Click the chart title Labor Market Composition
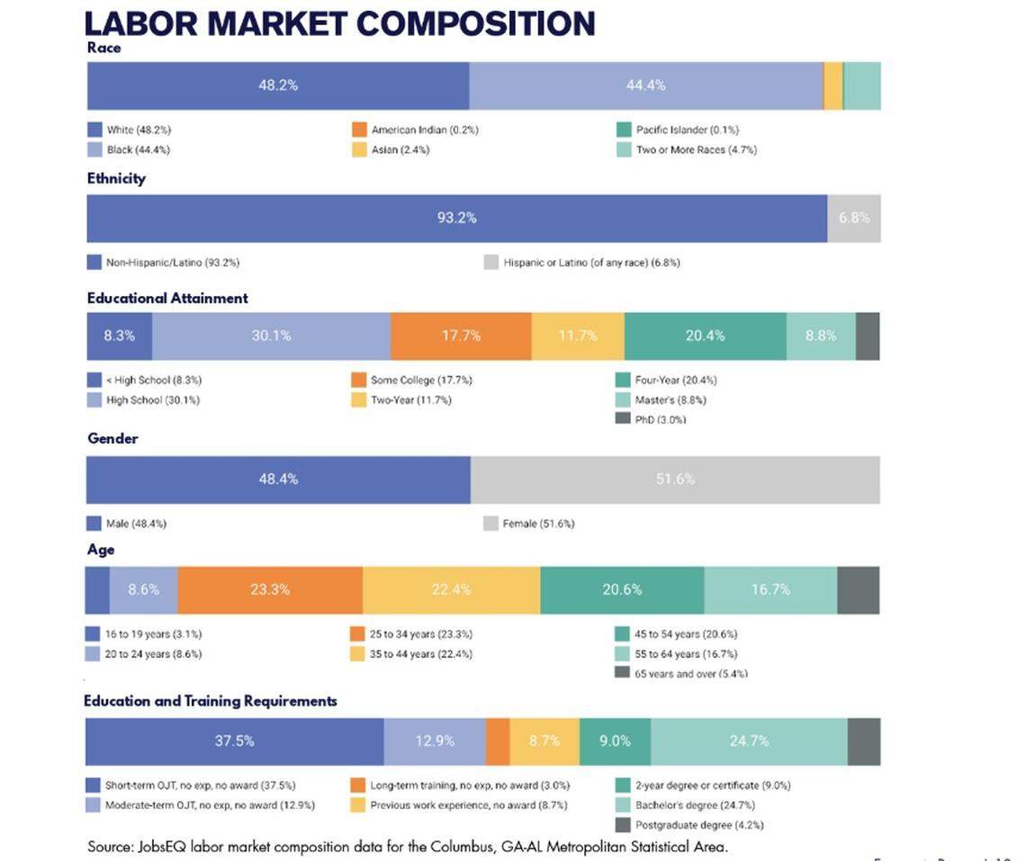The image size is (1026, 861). click(x=339, y=22)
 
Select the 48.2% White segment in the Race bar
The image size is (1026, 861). click(x=277, y=85)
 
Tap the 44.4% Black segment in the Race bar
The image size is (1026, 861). click(x=645, y=85)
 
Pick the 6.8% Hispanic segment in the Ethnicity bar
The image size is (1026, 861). click(x=853, y=218)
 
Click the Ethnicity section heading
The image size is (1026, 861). click(x=116, y=178)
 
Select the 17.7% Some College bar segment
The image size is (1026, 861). click(x=461, y=336)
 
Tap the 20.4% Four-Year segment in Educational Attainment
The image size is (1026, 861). click(x=705, y=336)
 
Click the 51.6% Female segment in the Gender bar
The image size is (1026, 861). click(x=674, y=480)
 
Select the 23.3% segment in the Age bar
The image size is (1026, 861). click(x=270, y=590)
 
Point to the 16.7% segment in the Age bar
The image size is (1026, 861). click(x=770, y=590)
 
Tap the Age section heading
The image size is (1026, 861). click(x=101, y=550)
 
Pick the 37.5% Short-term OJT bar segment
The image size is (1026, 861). click(x=234, y=741)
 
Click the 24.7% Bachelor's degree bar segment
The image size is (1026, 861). click(x=749, y=741)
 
